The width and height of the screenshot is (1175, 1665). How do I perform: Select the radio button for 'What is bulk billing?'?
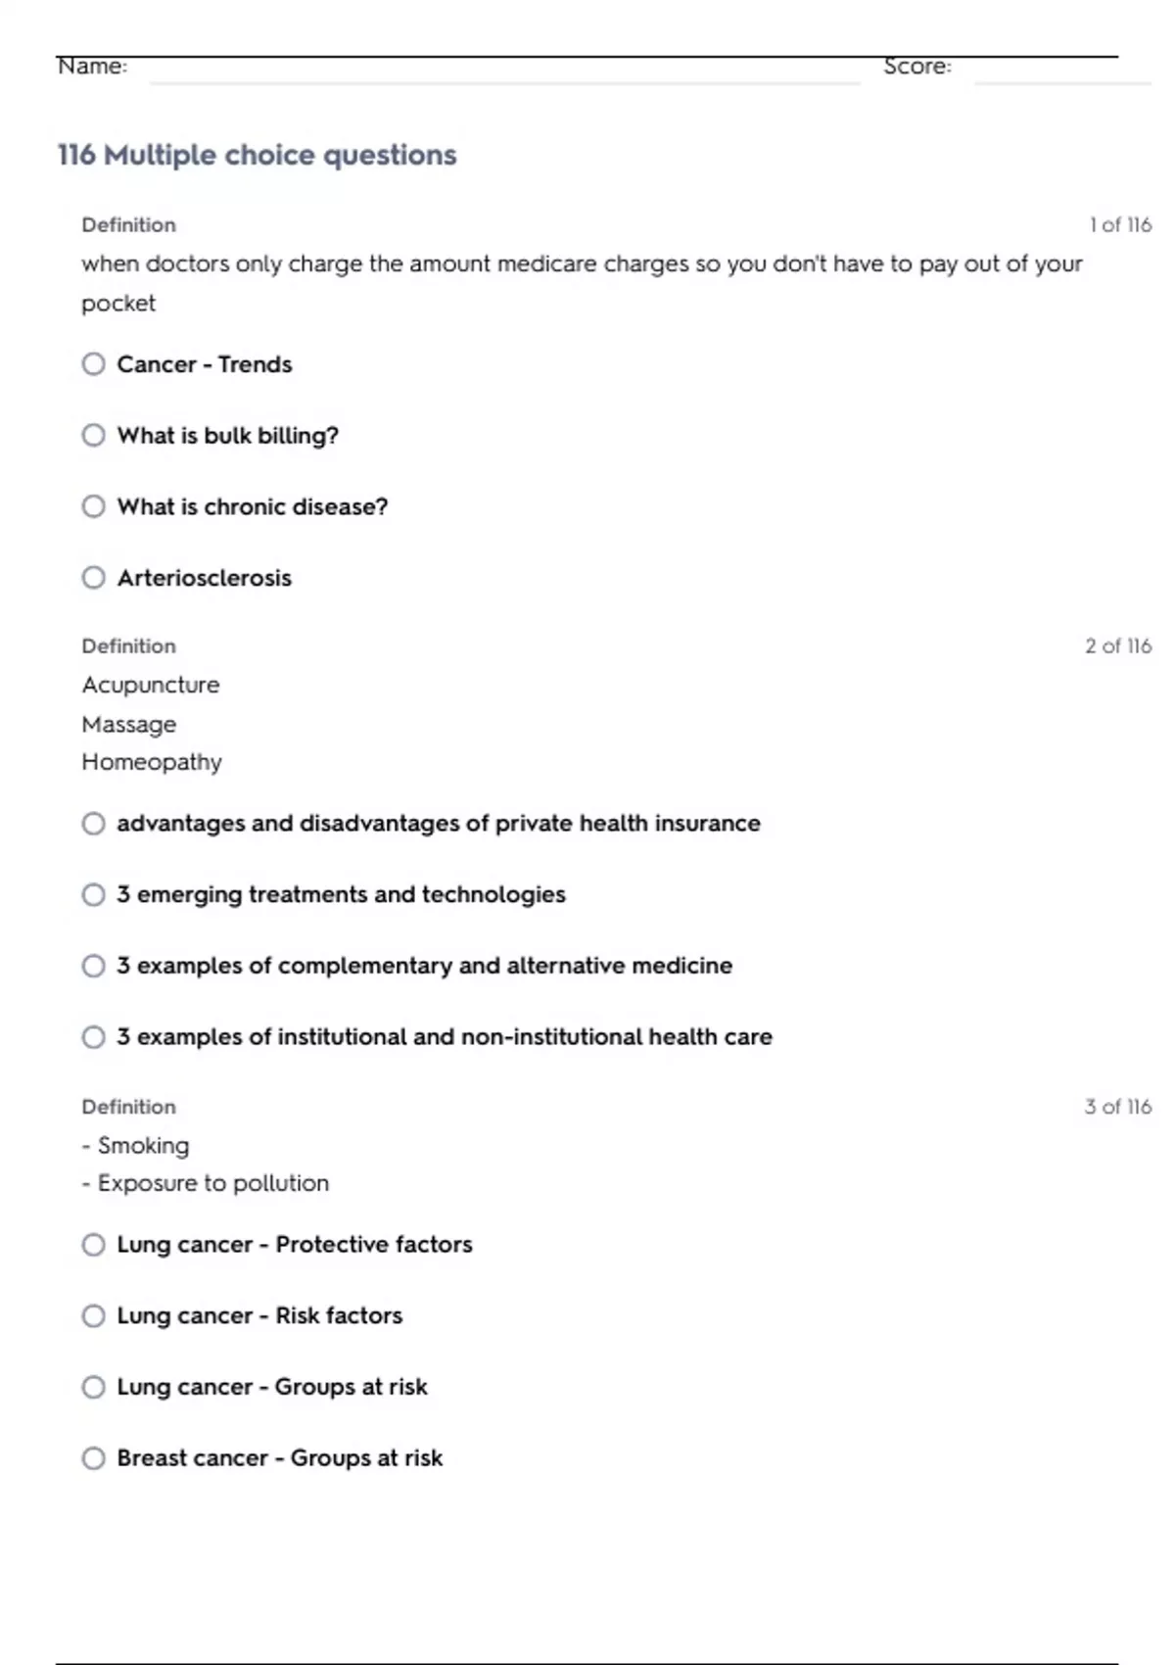click(x=93, y=435)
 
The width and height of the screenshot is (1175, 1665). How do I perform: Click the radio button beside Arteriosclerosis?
click(x=93, y=578)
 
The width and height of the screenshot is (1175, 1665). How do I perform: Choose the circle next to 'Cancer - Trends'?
click(x=93, y=364)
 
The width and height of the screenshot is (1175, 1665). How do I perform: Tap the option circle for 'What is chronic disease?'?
click(x=93, y=506)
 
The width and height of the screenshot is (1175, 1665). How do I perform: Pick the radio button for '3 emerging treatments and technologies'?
click(x=93, y=894)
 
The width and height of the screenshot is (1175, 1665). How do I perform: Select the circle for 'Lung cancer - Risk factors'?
click(x=93, y=1315)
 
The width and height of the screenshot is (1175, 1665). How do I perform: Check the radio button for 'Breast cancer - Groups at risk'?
click(x=93, y=1458)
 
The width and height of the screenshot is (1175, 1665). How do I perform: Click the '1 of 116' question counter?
click(x=1120, y=225)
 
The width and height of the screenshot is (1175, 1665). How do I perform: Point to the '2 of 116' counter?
click(x=1118, y=646)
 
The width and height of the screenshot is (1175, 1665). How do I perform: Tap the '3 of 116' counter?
click(x=1118, y=1107)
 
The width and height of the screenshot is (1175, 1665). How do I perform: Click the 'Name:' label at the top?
click(x=92, y=66)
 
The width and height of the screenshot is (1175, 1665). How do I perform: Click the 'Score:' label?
click(x=916, y=66)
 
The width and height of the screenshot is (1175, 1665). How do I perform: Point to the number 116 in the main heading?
click(x=76, y=155)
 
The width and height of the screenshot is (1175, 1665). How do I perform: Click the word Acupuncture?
click(x=151, y=685)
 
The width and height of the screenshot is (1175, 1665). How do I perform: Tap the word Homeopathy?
click(x=152, y=762)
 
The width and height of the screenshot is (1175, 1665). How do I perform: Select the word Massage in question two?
click(x=129, y=725)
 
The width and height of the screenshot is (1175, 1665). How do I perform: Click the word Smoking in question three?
click(x=143, y=1145)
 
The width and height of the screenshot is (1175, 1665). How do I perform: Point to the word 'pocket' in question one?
click(x=118, y=304)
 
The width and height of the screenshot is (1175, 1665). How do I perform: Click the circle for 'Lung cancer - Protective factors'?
click(x=93, y=1245)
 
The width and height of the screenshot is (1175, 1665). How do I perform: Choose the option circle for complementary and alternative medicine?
click(x=93, y=966)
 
